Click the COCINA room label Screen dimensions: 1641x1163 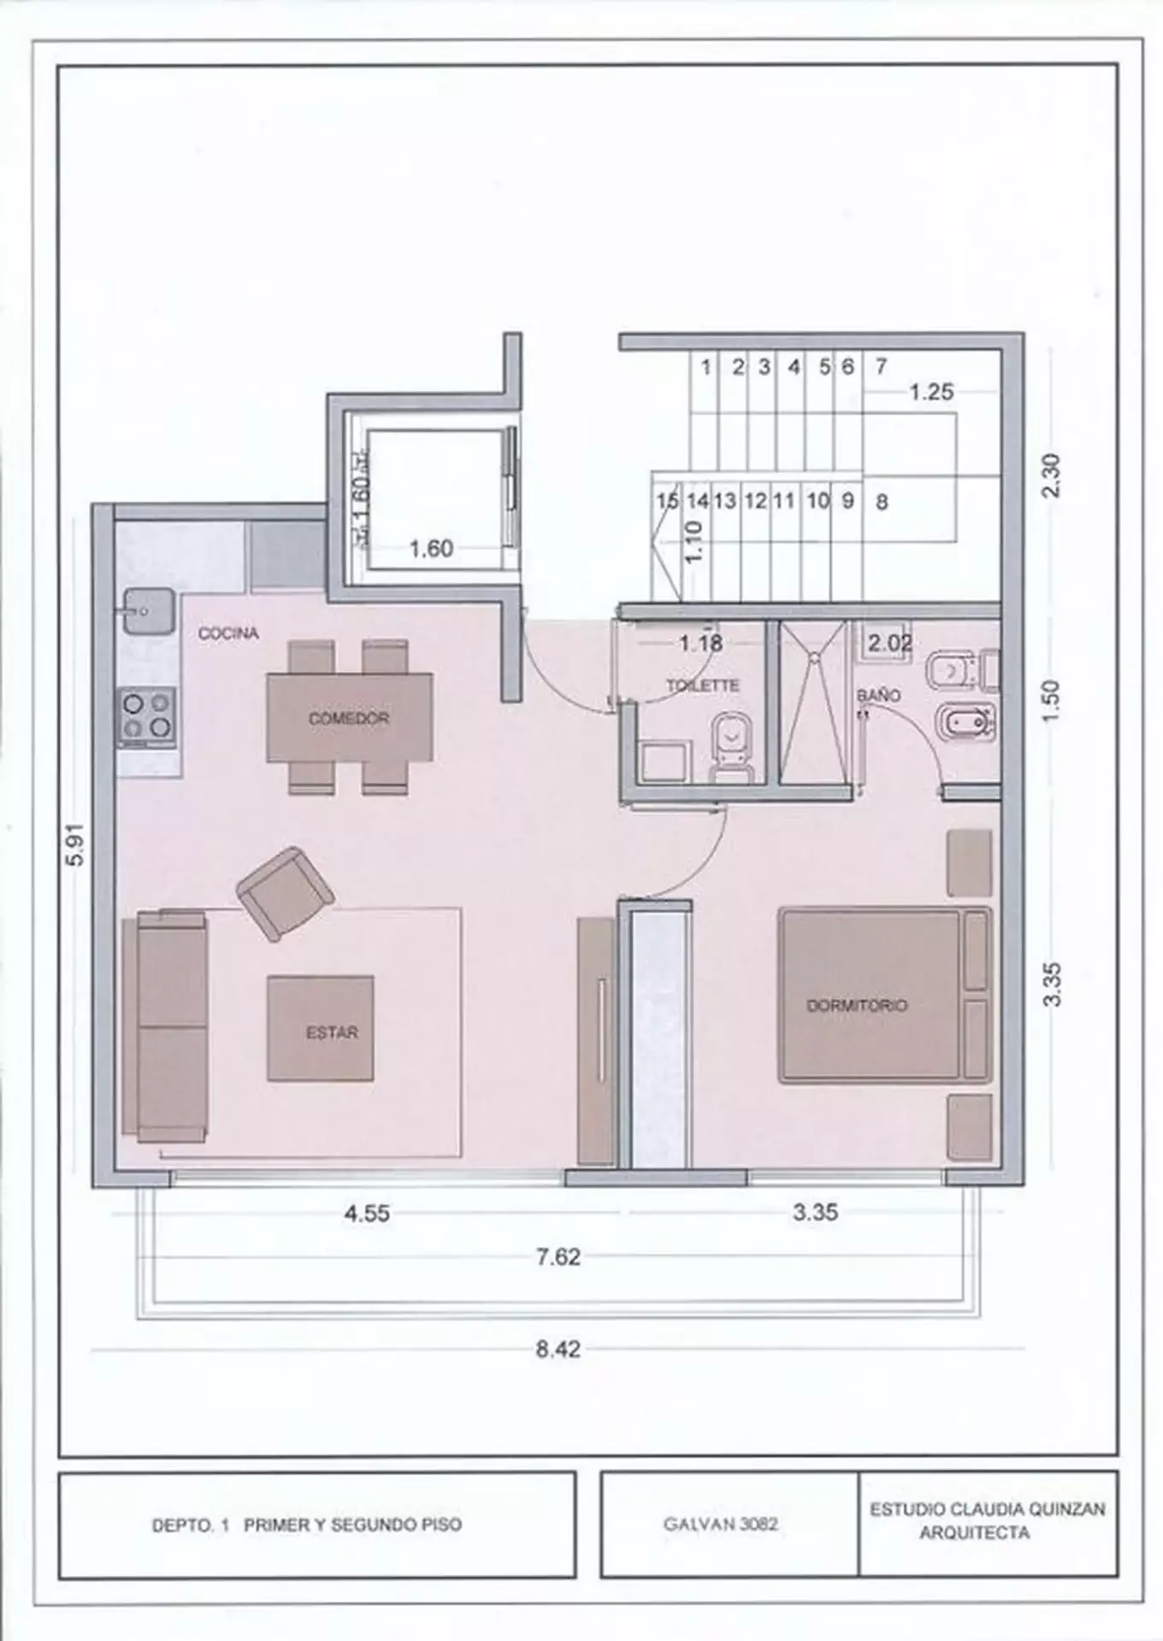tap(227, 633)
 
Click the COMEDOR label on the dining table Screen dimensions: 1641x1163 tap(349, 719)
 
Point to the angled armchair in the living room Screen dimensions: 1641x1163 tap(285, 893)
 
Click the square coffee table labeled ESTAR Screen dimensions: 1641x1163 tap(321, 1028)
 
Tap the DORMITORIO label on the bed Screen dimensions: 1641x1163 tap(857, 1005)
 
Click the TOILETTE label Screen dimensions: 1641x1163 tap(703, 685)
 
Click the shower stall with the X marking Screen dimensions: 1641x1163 tap(813, 701)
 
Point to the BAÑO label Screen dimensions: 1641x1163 tap(878, 696)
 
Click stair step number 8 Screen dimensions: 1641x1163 tap(882, 502)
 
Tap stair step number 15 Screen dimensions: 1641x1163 tap(667, 501)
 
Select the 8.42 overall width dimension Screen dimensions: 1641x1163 tap(558, 1350)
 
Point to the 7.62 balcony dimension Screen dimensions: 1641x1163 tap(558, 1257)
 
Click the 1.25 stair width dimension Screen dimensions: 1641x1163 tap(930, 392)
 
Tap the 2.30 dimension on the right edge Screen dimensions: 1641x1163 tap(1051, 475)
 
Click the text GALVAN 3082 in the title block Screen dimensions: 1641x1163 tap(720, 1524)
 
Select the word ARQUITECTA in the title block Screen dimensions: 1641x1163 tap(974, 1533)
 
